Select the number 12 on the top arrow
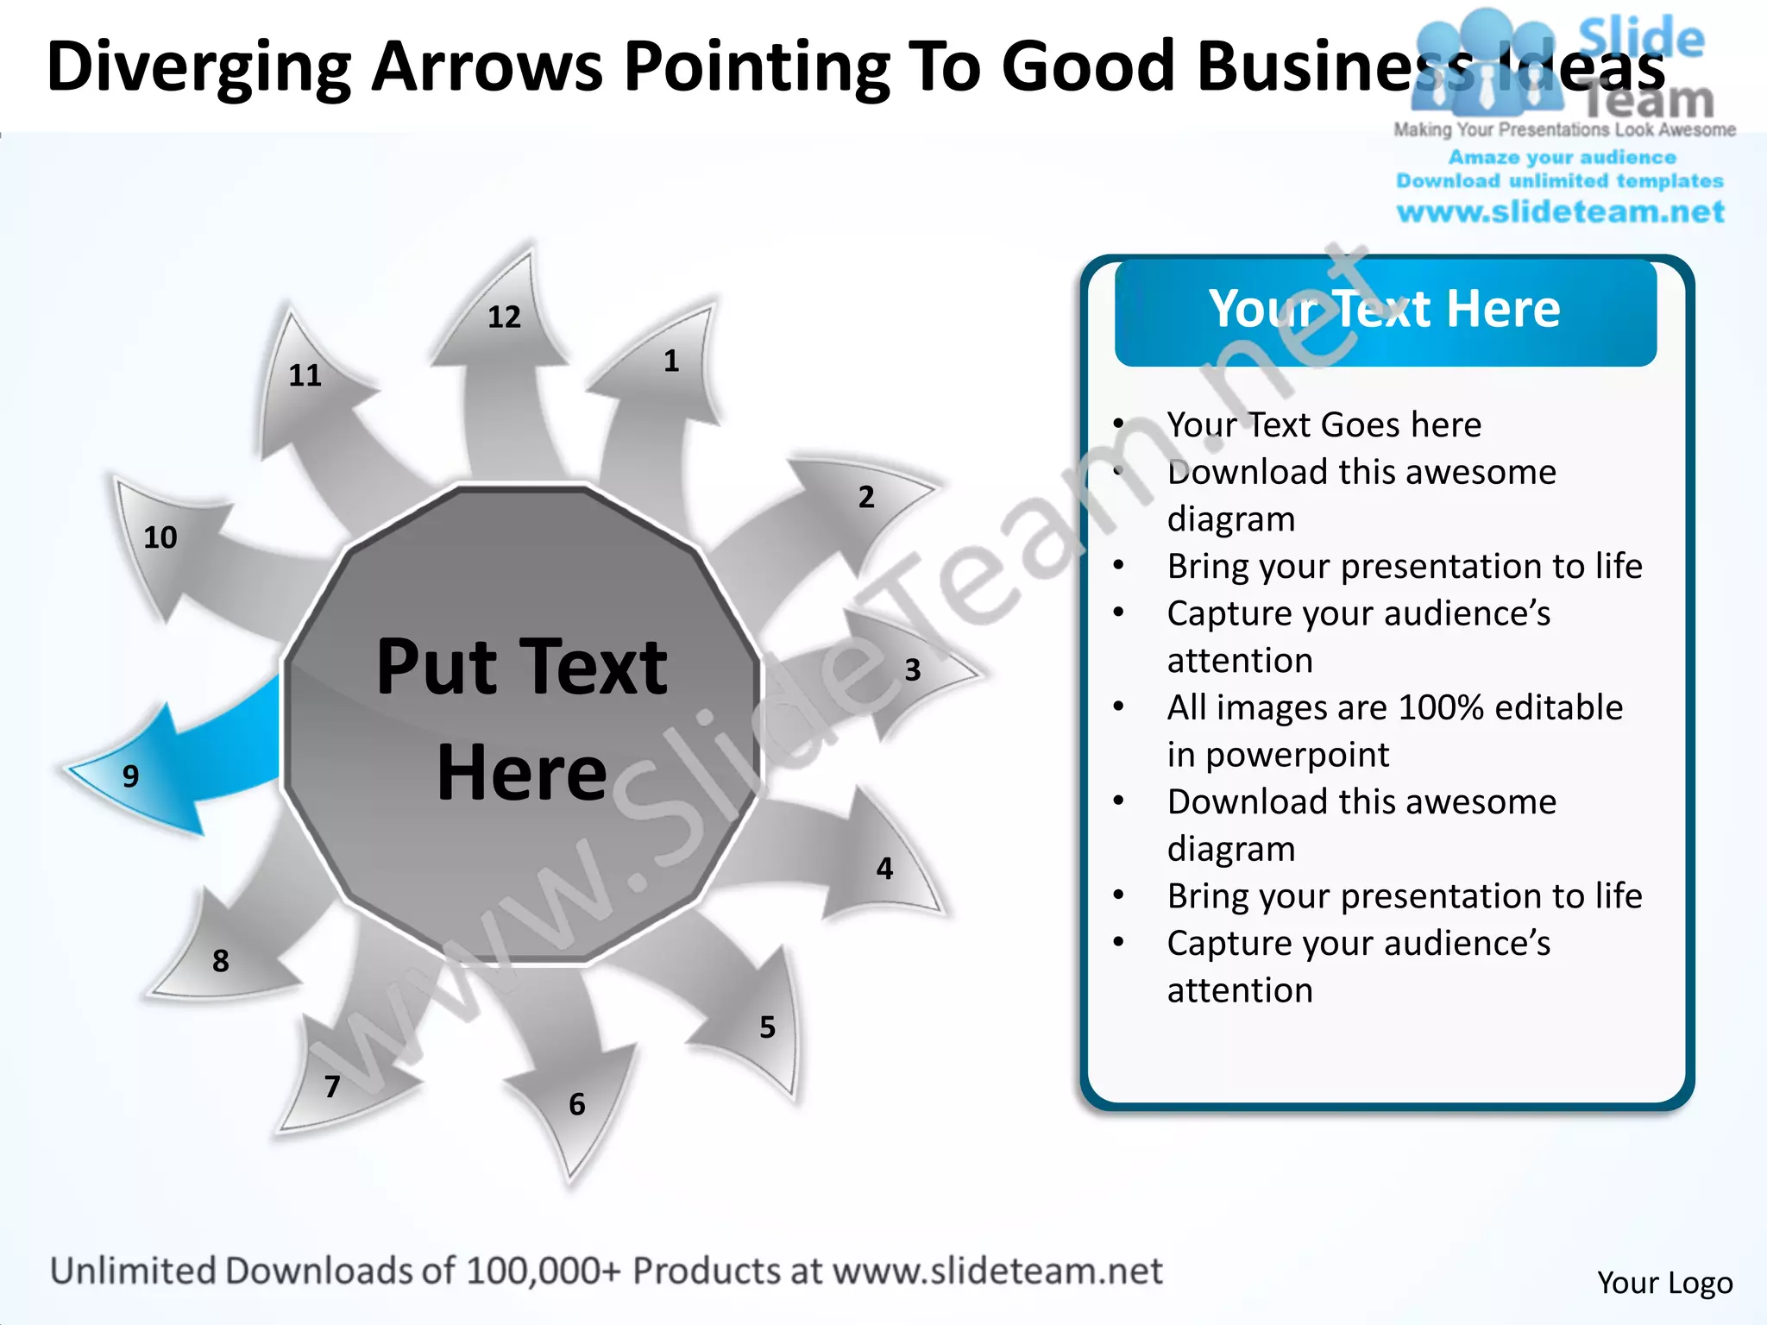point(504,317)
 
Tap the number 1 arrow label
point(671,361)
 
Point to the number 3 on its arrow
point(913,669)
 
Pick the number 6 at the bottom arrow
point(577,1104)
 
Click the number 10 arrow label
point(160,537)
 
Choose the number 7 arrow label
point(332,1086)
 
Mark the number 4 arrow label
point(884,868)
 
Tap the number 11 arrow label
point(305,375)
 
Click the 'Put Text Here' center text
point(522,719)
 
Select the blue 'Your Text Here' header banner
point(1385,311)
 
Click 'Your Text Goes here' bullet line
point(1324,424)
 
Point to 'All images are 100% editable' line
point(1394,707)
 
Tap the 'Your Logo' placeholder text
point(1664,1283)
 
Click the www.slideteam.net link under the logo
point(1560,212)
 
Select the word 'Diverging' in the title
point(198,67)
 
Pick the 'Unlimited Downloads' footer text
point(250,1271)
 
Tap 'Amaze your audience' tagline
point(1562,158)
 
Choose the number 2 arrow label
point(866,497)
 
